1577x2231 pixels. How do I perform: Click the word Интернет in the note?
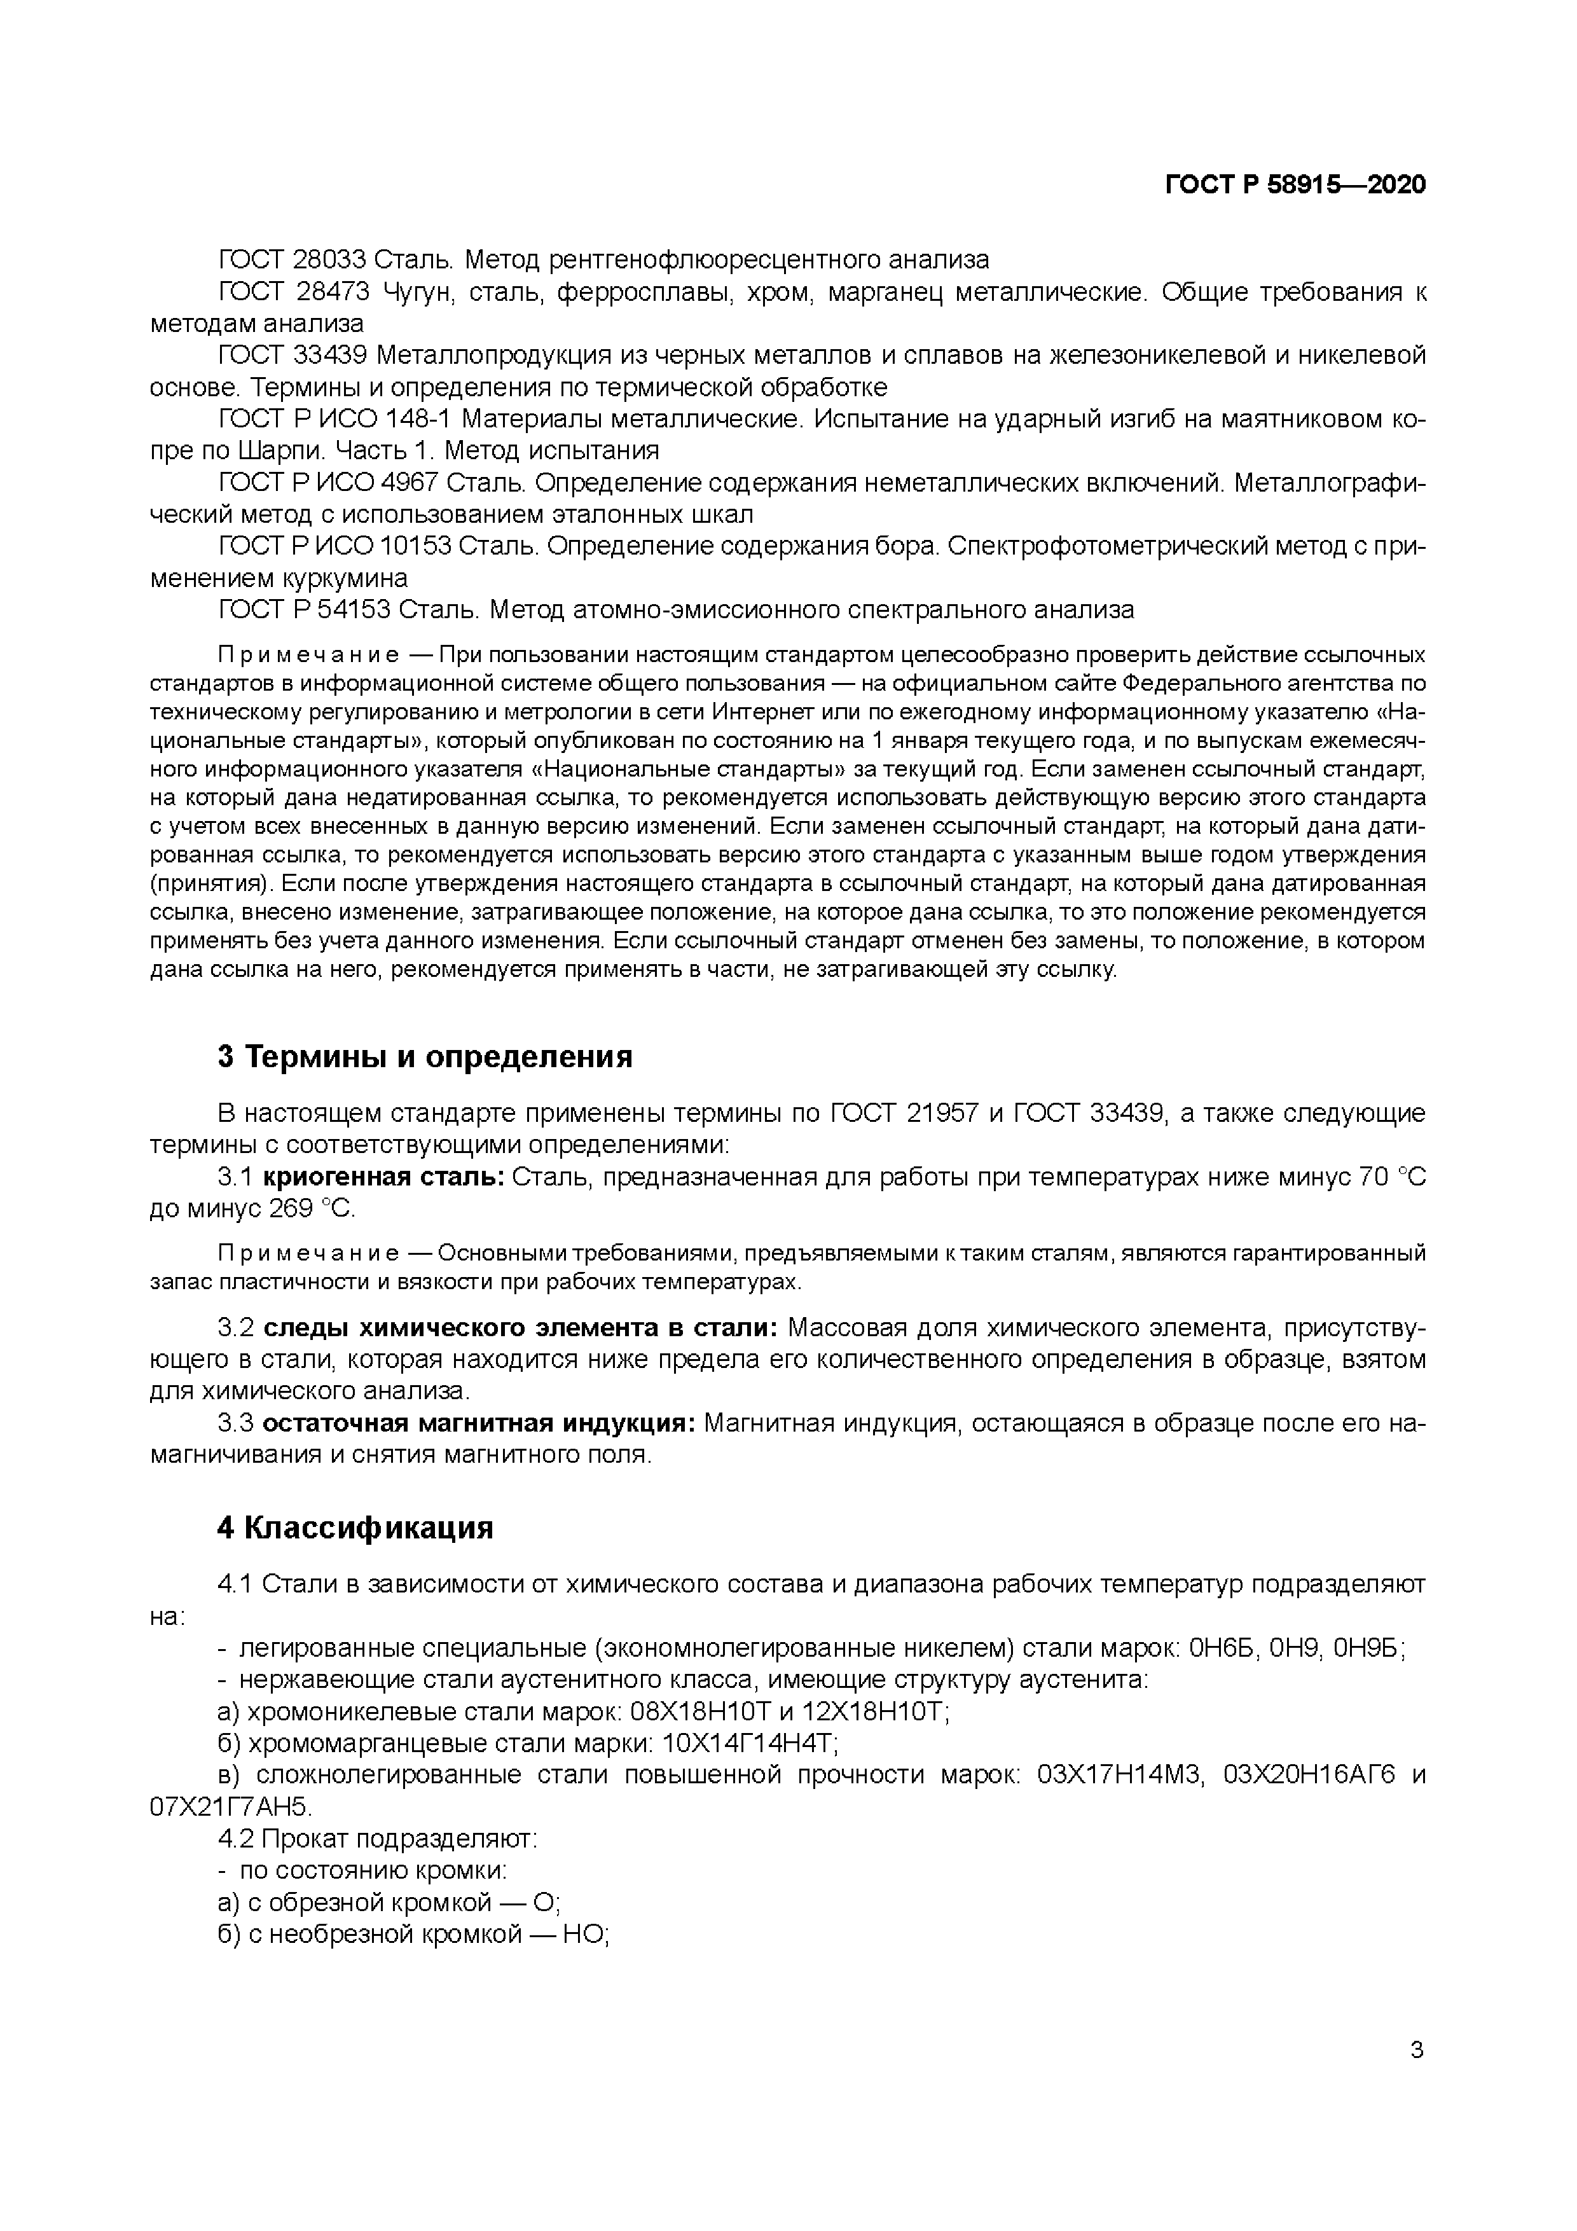(x=755, y=710)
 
